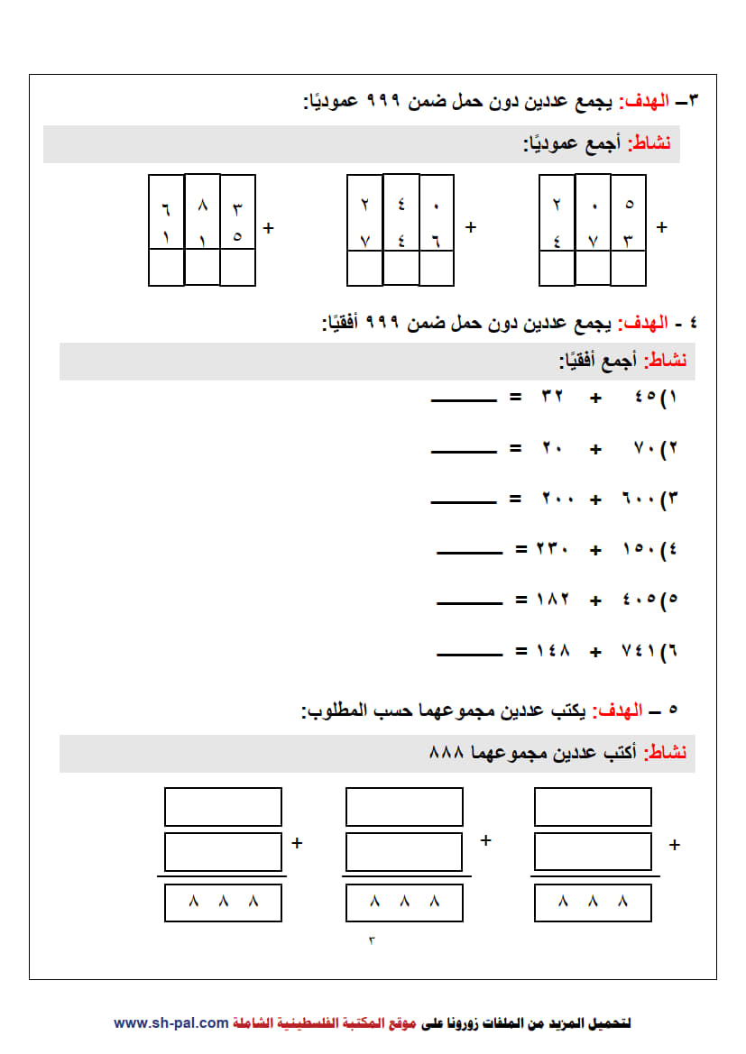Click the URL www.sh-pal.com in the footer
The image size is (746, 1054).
coord(170,1023)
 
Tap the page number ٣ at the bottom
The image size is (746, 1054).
coord(371,940)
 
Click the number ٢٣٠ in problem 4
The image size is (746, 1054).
coord(553,548)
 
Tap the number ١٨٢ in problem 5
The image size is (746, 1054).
coord(553,599)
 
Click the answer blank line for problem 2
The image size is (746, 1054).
coord(464,452)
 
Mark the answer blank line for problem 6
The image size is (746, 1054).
coord(469,655)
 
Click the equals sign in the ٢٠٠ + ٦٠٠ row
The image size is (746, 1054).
coord(515,498)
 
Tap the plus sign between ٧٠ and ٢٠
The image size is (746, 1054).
coord(595,448)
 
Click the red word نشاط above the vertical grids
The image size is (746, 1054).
coord(649,144)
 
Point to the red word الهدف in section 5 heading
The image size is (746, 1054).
coord(622,710)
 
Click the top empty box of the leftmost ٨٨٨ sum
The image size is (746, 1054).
coord(223,807)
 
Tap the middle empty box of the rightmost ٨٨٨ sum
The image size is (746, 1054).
coord(593,851)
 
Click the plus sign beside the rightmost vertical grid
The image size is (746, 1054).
coord(662,227)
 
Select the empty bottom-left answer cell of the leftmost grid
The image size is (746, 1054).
coord(166,268)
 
